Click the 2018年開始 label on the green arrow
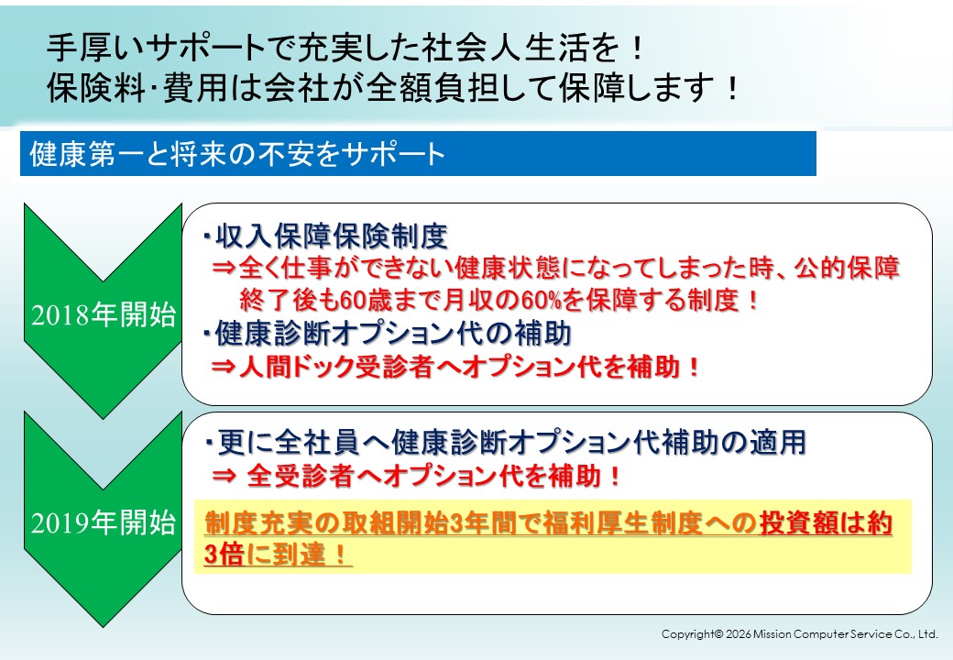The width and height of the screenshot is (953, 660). [104, 314]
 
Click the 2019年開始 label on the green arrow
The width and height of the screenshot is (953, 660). [104, 522]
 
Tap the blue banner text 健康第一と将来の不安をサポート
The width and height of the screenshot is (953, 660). [237, 154]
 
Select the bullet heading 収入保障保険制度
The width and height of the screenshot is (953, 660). [332, 236]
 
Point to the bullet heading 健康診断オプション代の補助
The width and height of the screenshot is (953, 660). [393, 334]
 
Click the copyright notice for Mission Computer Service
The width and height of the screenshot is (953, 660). [799, 633]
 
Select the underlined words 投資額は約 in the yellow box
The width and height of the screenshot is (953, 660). [826, 522]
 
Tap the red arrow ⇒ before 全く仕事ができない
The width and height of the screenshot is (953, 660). [223, 268]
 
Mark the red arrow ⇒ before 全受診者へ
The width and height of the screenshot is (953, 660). [223, 476]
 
